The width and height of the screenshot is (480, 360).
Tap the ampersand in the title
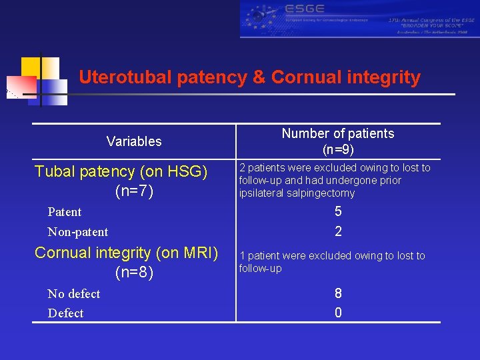(259, 77)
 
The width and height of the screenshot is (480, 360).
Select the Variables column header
(134, 141)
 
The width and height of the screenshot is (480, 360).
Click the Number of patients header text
(338, 133)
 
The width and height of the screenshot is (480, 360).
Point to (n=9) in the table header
(338, 149)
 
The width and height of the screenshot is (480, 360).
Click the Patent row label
(65, 212)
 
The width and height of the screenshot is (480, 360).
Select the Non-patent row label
(78, 232)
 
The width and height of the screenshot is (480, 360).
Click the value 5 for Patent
(338, 212)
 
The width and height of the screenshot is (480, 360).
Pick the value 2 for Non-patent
(338, 232)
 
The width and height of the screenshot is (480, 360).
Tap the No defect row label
(74, 294)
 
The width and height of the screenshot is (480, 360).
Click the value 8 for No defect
(338, 294)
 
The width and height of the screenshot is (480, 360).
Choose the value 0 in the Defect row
(338, 313)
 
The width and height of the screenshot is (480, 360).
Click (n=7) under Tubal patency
(134, 192)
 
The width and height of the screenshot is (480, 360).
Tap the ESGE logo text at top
(305, 9)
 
